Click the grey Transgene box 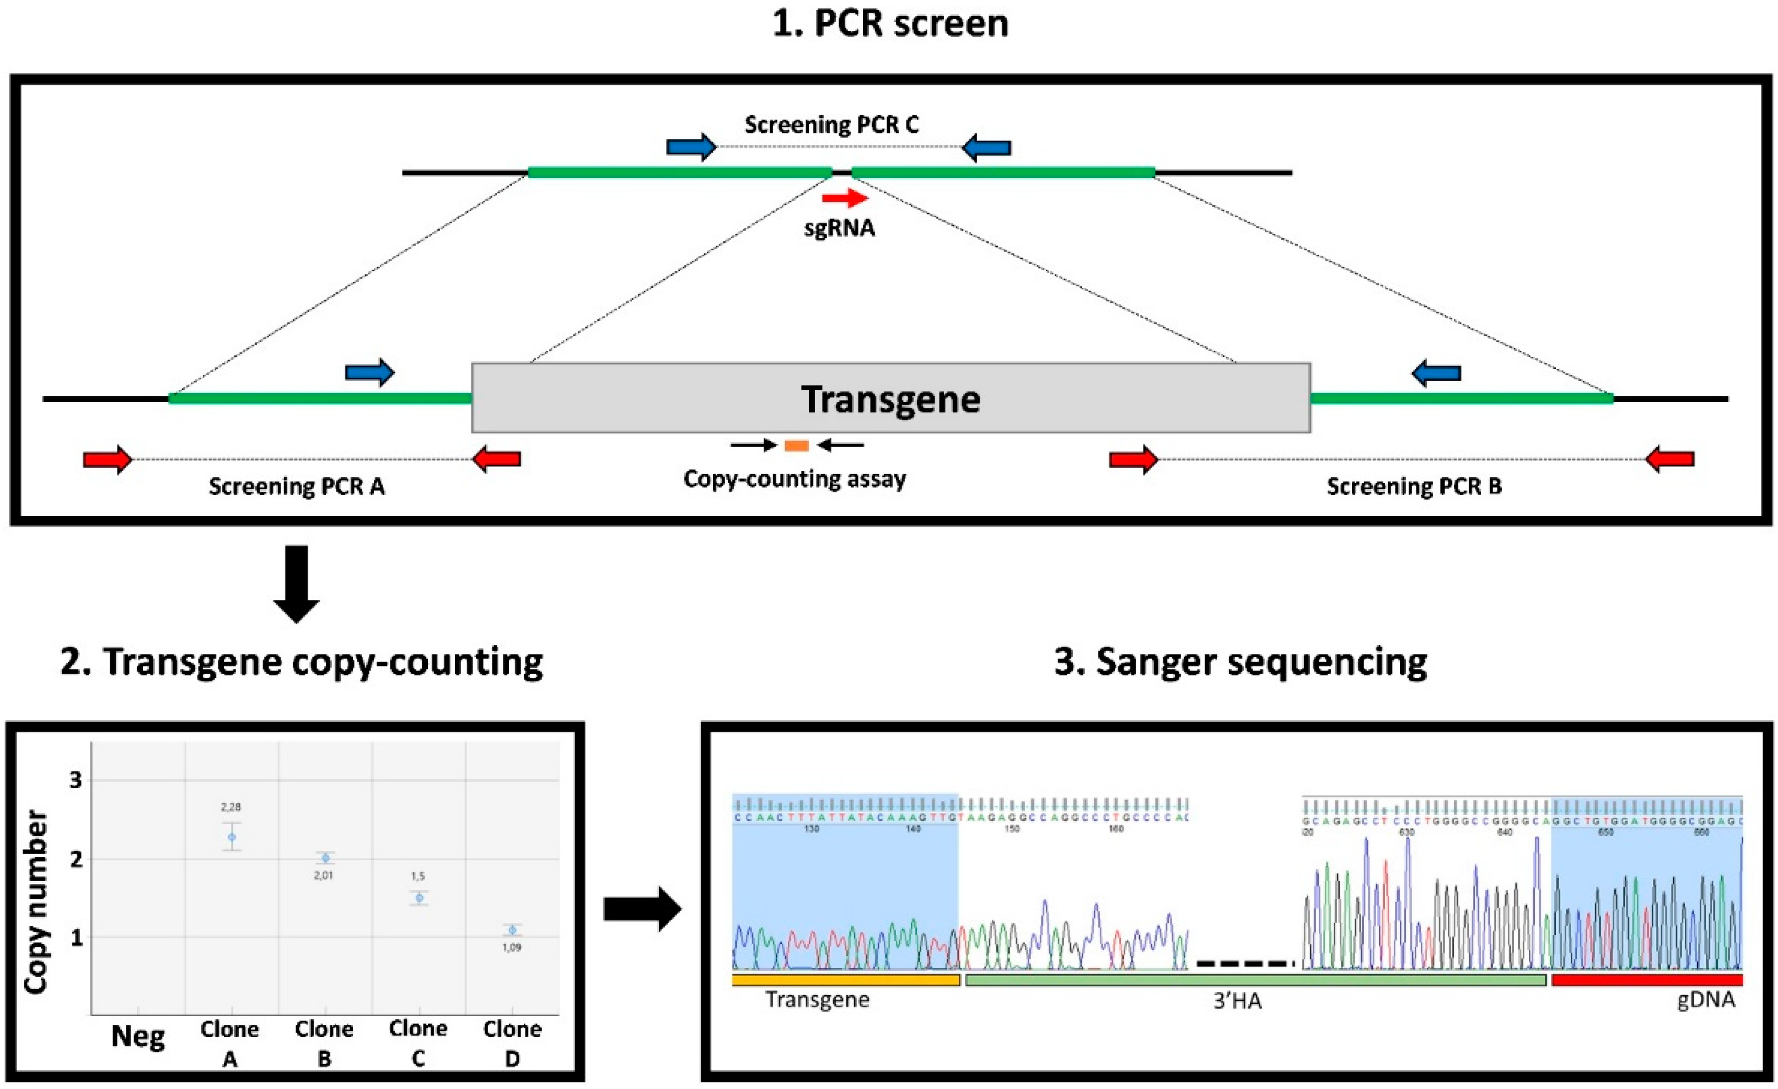tap(890, 398)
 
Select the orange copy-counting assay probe tap(796, 446)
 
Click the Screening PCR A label tap(297, 486)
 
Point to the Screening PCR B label tap(1414, 486)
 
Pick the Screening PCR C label tap(831, 125)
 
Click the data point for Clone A tap(231, 837)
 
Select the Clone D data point tap(512, 930)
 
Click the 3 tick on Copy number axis tap(76, 780)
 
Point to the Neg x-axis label tap(138, 1037)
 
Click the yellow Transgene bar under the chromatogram tap(845, 980)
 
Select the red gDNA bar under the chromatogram tap(1647, 980)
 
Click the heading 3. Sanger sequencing tap(1240, 662)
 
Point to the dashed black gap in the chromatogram tap(1245, 963)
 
